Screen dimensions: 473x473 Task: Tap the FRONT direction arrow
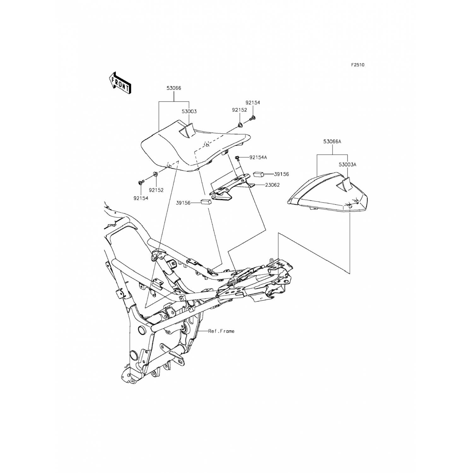[120, 83]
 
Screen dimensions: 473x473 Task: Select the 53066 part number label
[174, 88]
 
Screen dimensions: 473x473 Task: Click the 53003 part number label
[189, 111]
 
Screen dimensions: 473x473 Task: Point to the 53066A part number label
[332, 142]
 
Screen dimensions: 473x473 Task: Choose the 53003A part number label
[347, 165]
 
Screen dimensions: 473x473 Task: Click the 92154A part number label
[258, 157]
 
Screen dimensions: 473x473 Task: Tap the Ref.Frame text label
[221, 331]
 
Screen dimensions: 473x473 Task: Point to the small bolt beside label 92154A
[237, 157]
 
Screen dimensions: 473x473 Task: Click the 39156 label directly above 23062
[281, 174]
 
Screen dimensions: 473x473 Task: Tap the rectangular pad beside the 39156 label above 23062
[258, 174]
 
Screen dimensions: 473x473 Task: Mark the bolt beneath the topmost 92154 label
[253, 119]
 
